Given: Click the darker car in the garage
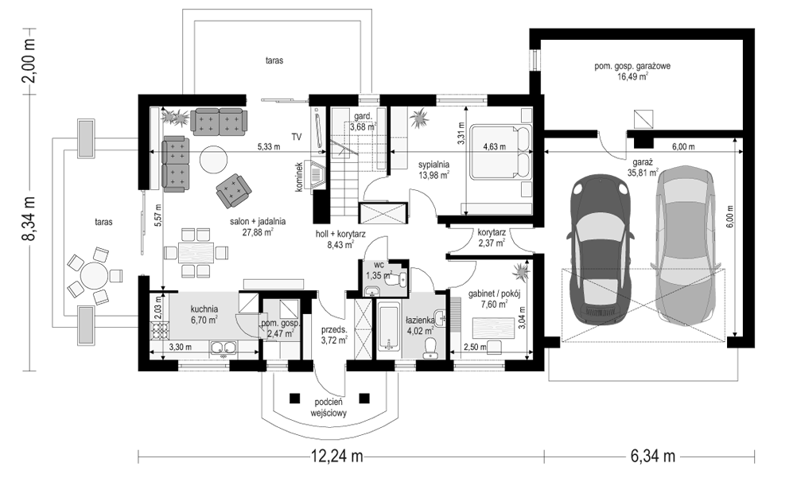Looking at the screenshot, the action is (x=601, y=249).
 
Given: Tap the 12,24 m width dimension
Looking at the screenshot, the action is (x=337, y=457).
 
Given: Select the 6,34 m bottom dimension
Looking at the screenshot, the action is (x=653, y=457).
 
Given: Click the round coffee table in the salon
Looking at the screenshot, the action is (x=213, y=161).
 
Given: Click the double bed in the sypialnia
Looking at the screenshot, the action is (x=500, y=152).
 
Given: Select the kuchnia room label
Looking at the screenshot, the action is (x=204, y=309).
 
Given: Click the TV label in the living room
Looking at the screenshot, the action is (x=297, y=137).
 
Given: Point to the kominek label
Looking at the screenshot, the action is (x=299, y=177).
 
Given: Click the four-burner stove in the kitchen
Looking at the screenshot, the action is (x=160, y=330).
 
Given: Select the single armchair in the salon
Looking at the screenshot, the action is (x=233, y=190).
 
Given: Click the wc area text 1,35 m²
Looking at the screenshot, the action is (x=379, y=276).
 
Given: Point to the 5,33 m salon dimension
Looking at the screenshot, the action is (x=268, y=147).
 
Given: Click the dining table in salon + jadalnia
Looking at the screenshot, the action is (x=196, y=252).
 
